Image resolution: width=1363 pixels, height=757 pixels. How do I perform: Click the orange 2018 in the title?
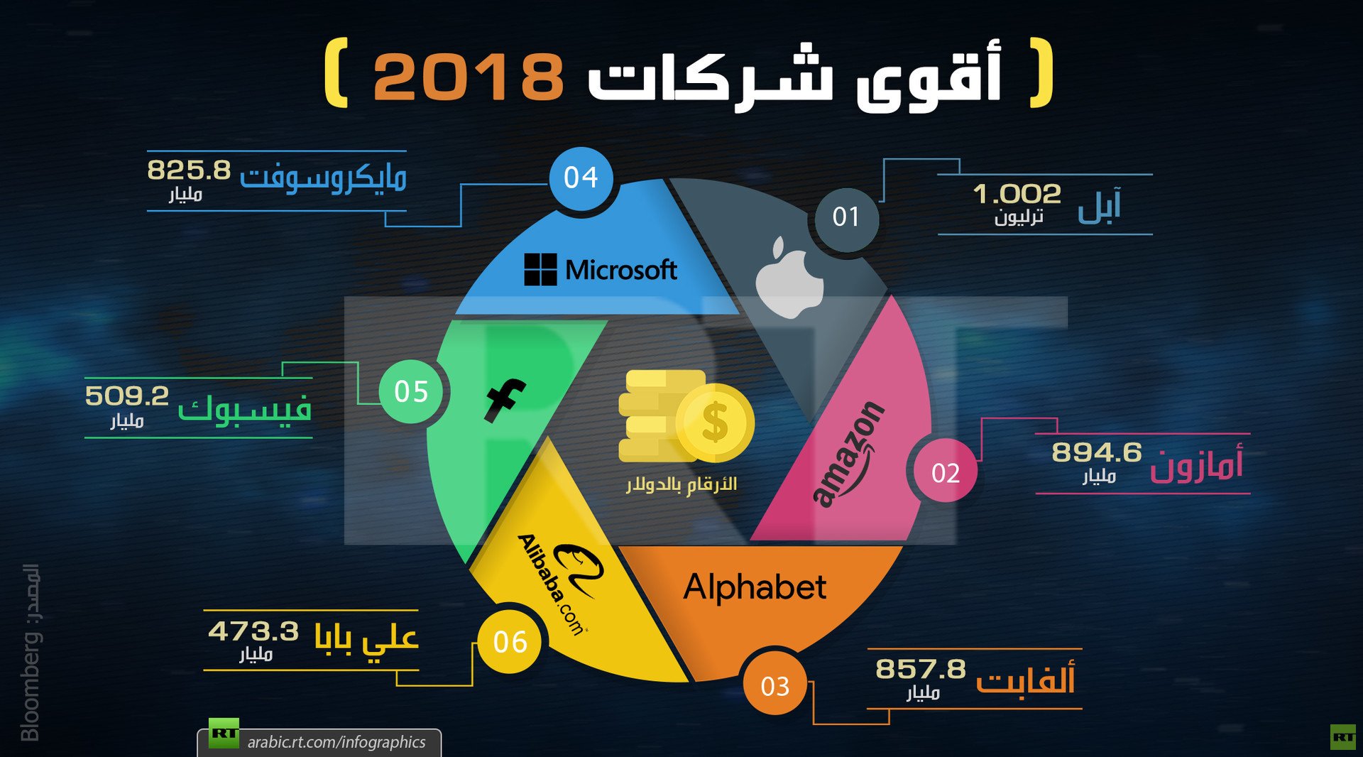(469, 77)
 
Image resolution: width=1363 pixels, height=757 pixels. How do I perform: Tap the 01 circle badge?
(845, 217)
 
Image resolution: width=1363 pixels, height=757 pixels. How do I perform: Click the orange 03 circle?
(774, 686)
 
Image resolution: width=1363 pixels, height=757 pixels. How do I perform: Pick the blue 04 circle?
(581, 178)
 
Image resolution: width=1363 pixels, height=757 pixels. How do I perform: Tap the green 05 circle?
(411, 391)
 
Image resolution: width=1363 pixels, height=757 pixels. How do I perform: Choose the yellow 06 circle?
(510, 642)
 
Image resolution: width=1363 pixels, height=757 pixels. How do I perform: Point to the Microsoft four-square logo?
(540, 270)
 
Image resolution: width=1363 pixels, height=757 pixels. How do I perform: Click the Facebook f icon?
(505, 400)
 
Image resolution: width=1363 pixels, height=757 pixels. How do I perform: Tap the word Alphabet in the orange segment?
(755, 588)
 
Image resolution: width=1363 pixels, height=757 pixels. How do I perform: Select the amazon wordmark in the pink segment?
(849, 454)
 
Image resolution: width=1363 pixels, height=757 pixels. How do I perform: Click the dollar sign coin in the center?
(715, 423)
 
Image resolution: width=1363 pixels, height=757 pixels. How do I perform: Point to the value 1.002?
(1017, 193)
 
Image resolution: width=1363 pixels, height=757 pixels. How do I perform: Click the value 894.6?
(1096, 452)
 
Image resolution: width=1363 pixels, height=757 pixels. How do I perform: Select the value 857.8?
(920, 669)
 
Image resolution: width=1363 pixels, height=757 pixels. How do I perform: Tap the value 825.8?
(189, 170)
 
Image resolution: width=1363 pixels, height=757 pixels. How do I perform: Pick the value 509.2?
(127, 396)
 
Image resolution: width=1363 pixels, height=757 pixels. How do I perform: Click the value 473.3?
(253, 631)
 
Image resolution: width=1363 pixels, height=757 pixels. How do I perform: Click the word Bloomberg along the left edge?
(31, 685)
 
